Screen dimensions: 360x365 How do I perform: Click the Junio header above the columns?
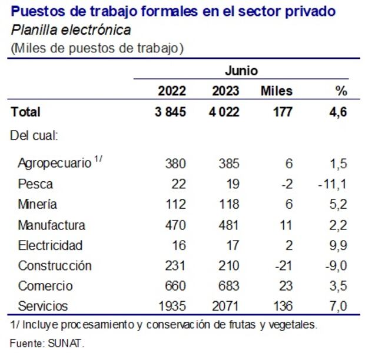click(241, 71)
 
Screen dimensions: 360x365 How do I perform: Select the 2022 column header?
click(172, 91)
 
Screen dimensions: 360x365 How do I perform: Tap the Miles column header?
click(276, 91)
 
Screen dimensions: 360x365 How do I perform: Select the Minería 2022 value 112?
click(175, 205)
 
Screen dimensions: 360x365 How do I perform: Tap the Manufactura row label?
click(52, 225)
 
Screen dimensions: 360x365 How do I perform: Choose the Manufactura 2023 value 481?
click(228, 225)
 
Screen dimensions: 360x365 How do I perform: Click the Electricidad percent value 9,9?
click(337, 245)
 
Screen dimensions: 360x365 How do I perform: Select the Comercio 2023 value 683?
click(228, 286)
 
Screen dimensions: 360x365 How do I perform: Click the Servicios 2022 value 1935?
click(172, 306)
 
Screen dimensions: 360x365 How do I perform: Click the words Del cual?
click(34, 135)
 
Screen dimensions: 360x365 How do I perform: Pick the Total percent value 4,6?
click(338, 112)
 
